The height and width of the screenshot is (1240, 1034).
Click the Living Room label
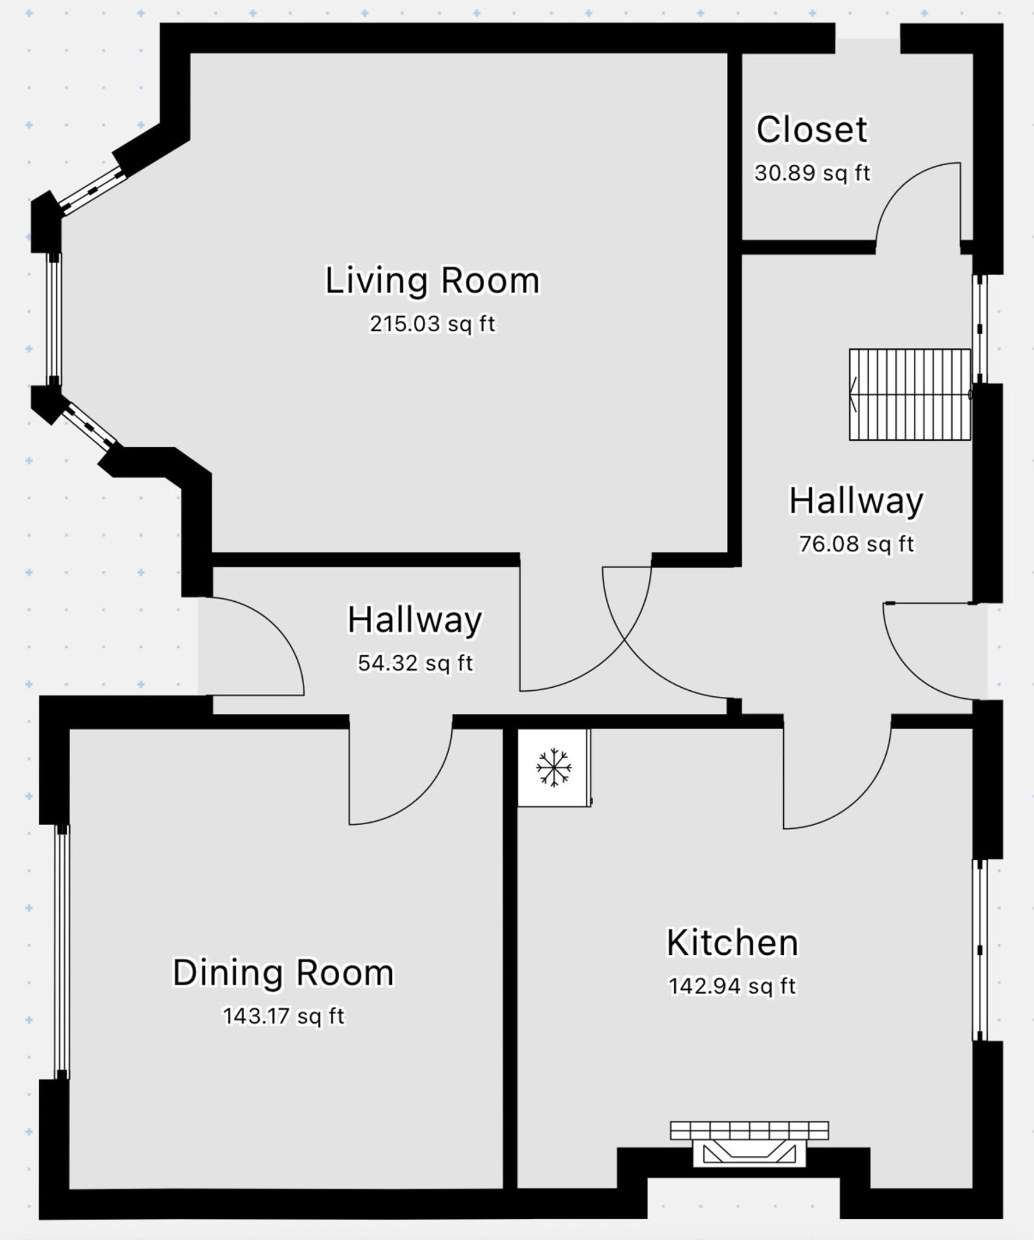point(432,281)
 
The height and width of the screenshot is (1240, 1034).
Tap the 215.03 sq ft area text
point(432,324)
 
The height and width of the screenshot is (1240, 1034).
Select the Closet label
point(811,130)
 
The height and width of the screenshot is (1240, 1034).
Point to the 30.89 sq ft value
point(811,173)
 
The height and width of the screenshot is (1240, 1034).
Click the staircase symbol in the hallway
point(909,394)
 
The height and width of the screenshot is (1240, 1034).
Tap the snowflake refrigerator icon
point(553,767)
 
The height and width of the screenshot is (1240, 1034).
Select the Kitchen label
point(732,943)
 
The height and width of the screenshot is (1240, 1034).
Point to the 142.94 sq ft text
point(732,986)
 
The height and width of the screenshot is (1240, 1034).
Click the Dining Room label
point(283,973)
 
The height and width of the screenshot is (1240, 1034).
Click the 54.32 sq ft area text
point(415,663)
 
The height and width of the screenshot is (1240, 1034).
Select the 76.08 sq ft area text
point(855,544)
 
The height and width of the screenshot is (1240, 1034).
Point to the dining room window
point(62,951)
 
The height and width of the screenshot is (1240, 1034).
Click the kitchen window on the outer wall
point(979,949)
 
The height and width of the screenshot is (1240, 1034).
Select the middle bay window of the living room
point(55,319)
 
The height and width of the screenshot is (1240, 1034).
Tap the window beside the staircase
point(979,329)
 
